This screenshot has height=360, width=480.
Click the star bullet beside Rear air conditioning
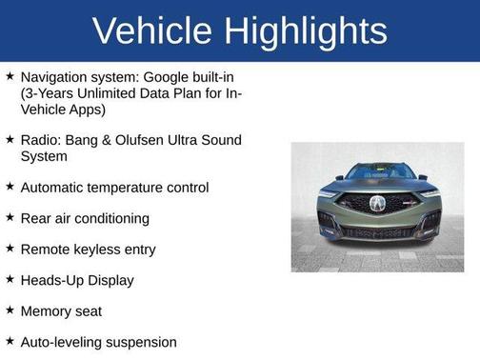coord(10,218)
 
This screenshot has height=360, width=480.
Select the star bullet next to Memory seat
coord(10,310)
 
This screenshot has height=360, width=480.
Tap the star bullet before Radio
coord(10,139)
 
